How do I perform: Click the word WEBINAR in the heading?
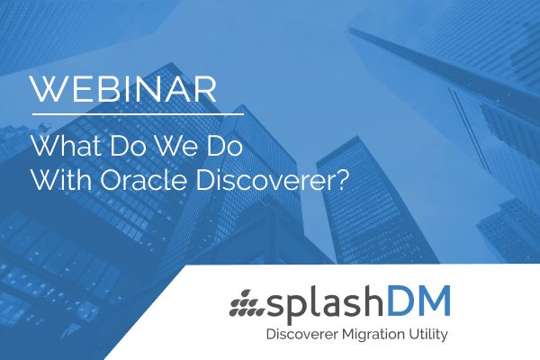(124, 89)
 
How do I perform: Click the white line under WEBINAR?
(138, 113)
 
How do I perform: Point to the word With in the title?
(61, 180)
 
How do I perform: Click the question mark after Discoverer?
(339, 180)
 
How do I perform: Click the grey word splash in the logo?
(324, 303)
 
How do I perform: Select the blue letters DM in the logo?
(418, 301)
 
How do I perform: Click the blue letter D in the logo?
(398, 301)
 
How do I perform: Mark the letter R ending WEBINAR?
(206, 89)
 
